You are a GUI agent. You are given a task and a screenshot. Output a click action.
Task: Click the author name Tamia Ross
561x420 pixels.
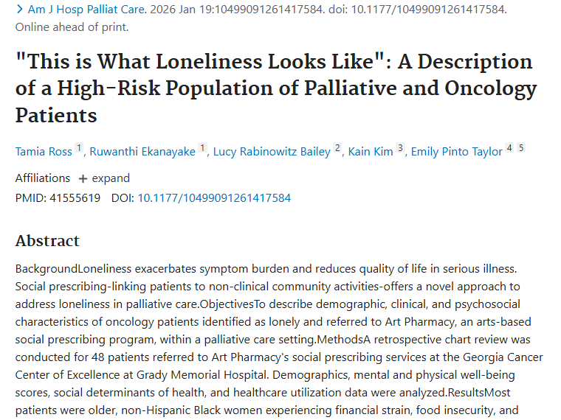(x=44, y=152)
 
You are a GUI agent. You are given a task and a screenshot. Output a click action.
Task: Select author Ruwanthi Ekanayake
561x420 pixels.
(x=142, y=152)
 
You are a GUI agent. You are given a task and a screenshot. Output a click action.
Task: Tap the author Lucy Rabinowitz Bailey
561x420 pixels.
(x=272, y=152)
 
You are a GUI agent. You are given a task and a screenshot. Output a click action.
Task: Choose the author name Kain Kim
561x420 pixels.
(x=371, y=152)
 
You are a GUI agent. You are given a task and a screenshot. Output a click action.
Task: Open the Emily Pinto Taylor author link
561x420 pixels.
(x=456, y=152)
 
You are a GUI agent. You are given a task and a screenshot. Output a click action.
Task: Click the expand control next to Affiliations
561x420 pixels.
(x=104, y=178)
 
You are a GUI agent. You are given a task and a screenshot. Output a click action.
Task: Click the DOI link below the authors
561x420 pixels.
(x=214, y=198)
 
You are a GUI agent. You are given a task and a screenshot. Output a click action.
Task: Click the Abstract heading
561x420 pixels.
(x=47, y=241)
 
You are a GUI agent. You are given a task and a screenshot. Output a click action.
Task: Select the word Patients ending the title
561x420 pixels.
(x=56, y=115)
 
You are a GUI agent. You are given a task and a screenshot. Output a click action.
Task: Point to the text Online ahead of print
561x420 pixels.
(x=72, y=27)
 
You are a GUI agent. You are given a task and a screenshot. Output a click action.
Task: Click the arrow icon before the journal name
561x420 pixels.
(x=19, y=10)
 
